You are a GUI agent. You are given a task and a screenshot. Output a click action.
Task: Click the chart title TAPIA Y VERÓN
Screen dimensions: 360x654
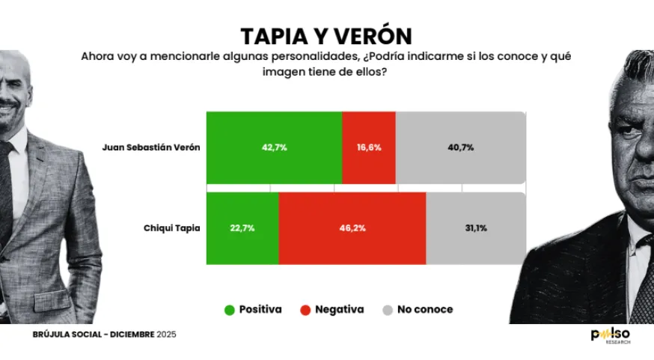click(326, 36)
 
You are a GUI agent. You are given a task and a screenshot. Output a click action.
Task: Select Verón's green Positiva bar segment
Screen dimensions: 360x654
click(274, 147)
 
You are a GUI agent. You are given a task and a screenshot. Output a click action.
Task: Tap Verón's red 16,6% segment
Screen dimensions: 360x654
click(368, 147)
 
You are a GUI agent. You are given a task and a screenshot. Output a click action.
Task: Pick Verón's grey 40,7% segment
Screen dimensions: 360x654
click(460, 147)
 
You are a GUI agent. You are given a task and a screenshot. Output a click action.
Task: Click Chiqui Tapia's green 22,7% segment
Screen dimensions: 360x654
click(242, 228)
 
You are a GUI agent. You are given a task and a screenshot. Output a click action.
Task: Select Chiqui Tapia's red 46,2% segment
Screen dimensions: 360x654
click(352, 228)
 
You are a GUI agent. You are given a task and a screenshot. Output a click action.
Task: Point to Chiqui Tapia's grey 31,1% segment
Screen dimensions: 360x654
click(475, 228)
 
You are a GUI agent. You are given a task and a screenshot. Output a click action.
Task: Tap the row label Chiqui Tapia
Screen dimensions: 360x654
click(171, 228)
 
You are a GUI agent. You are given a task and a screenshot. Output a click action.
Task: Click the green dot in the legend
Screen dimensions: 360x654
click(229, 309)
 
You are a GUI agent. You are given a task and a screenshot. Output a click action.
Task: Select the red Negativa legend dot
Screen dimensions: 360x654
click(305, 309)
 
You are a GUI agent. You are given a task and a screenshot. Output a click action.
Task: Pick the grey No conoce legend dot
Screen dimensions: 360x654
click(388, 309)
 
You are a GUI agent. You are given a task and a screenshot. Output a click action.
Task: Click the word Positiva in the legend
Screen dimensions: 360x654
click(260, 309)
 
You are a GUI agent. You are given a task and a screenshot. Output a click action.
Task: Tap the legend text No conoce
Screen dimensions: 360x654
click(425, 309)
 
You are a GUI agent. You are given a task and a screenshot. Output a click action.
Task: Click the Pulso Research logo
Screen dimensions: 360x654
click(610, 335)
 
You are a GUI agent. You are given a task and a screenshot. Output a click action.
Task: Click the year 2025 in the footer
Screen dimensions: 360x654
click(166, 334)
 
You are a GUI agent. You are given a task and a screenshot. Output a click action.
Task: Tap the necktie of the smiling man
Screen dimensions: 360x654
click(6, 180)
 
